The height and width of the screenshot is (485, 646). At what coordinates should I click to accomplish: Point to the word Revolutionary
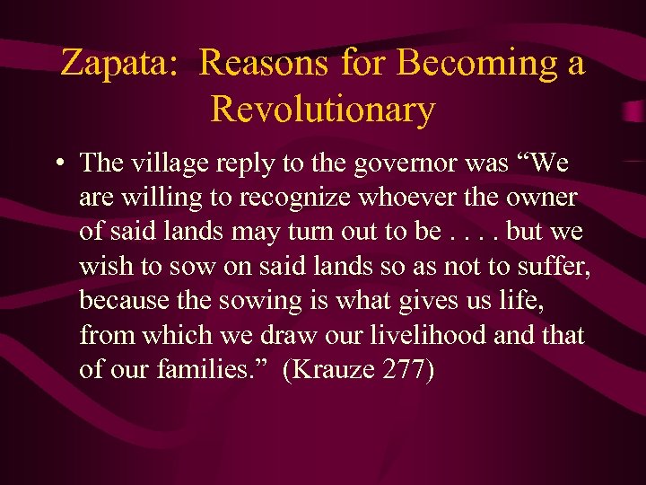click(x=323, y=110)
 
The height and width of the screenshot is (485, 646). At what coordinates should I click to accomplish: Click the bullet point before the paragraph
click(x=57, y=163)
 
